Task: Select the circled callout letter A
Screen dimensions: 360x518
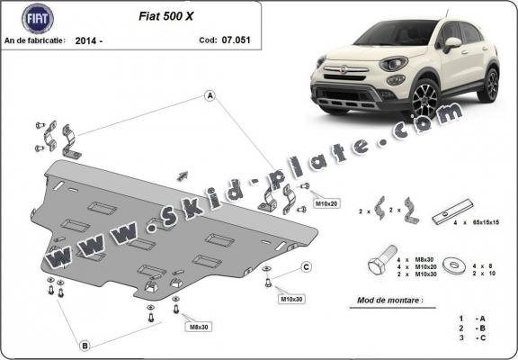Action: click(210, 94)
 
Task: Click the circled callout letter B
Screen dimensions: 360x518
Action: click(84, 345)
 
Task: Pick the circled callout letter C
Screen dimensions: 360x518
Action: click(306, 266)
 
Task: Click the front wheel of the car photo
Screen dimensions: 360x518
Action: click(423, 100)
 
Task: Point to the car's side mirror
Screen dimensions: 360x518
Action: click(451, 42)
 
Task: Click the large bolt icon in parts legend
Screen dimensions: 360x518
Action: click(377, 265)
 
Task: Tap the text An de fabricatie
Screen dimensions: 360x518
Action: click(35, 41)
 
